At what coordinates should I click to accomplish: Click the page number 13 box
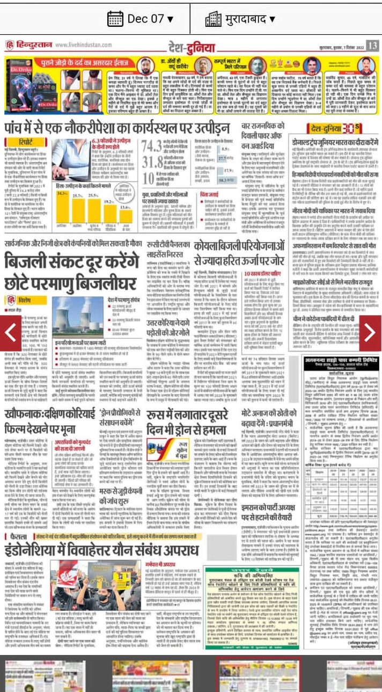pyautogui.click(x=372, y=45)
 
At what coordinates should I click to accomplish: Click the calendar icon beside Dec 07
pyautogui.click(x=115, y=19)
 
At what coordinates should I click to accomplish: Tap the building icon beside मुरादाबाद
pyautogui.click(x=213, y=19)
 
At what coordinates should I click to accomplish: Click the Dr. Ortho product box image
pyautogui.click(x=24, y=81)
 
